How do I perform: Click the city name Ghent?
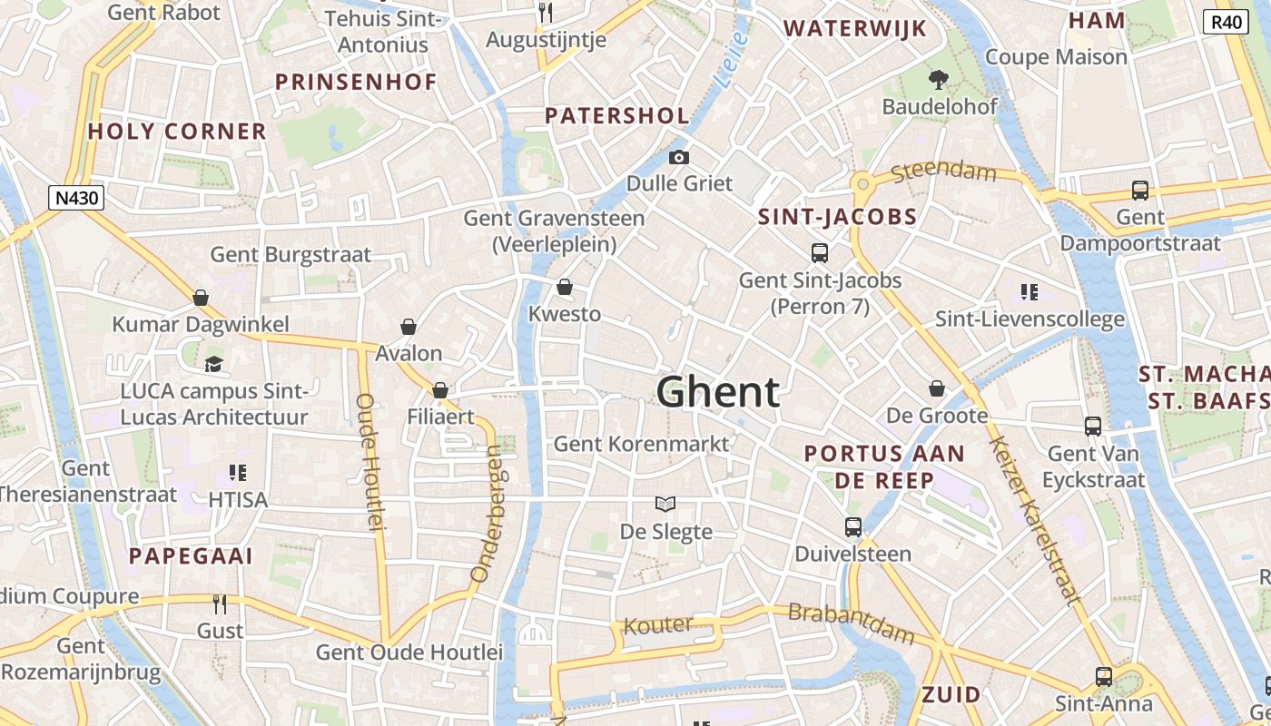click(717, 392)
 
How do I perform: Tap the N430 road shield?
click(76, 198)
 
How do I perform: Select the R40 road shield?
click(1226, 23)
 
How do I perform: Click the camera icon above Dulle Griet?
click(678, 158)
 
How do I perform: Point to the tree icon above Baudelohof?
click(939, 80)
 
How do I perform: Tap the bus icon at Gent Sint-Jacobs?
click(820, 253)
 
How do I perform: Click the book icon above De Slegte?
click(665, 504)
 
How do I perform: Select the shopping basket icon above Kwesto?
click(565, 288)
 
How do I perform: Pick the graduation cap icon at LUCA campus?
click(213, 364)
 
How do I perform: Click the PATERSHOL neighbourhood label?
click(617, 116)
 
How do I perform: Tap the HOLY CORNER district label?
click(177, 132)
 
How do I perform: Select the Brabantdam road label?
click(851, 623)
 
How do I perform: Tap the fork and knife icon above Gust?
click(219, 604)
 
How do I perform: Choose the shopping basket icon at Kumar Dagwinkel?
click(201, 298)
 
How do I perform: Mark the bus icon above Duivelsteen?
click(852, 527)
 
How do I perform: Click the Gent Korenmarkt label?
click(641, 444)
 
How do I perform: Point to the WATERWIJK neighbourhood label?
click(855, 29)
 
